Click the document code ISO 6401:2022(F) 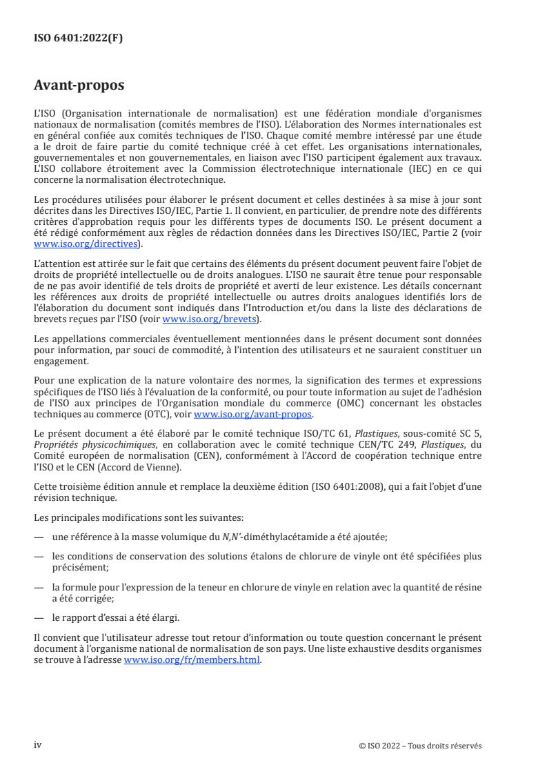[x=79, y=39]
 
